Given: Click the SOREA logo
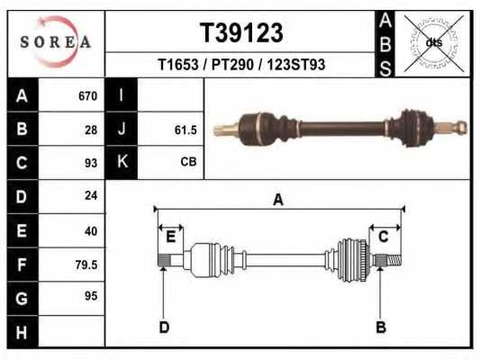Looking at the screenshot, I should pos(57,42).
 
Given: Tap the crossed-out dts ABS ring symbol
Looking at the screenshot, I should pos(433,42).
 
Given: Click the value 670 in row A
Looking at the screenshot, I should pos(86,95).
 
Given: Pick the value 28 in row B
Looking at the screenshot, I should pos(89,130).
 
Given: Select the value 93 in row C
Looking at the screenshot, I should pos(89,163).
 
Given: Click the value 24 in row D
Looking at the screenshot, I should pos(89,195).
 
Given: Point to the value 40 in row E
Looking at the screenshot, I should pos(89,229).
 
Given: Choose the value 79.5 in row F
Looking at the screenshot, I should pos(86,264).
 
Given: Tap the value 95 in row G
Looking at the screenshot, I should pos(89,296).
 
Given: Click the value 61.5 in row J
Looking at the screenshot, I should pos(185,130).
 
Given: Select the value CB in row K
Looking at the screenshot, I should pos(188,163).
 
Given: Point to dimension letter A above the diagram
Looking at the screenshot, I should pos(278,200).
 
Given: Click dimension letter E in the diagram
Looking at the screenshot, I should pos(169,236).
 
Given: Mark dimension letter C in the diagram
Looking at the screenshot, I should pos(383,236).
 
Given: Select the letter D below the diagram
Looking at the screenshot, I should pos(164,327).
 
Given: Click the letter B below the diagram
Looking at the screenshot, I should pos(380,327).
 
